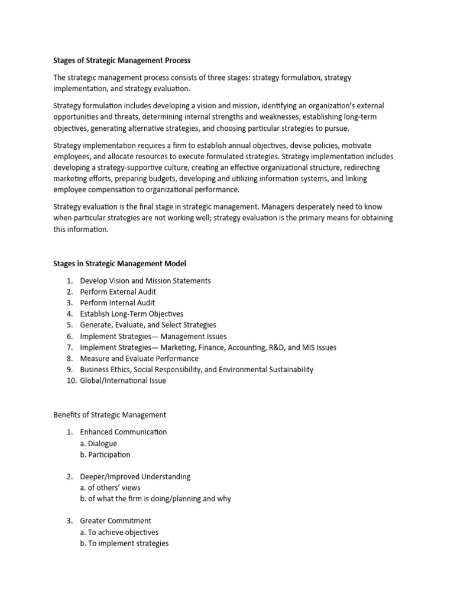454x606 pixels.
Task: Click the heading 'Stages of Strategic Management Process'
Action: (122, 60)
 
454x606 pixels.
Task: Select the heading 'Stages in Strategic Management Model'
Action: (120, 263)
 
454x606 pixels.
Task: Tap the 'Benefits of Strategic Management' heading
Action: (110, 415)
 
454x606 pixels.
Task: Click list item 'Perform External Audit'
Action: (118, 292)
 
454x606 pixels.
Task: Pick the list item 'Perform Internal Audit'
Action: (118, 303)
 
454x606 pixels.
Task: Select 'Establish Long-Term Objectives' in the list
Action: (132, 314)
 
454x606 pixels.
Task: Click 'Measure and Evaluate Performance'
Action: (140, 358)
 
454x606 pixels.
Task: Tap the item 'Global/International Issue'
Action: (123, 381)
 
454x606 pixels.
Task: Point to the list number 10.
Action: (70, 381)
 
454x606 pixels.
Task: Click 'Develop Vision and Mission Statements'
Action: (145, 281)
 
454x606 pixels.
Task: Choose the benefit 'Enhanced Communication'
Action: (124, 432)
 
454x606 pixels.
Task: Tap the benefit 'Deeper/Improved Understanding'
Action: (135, 476)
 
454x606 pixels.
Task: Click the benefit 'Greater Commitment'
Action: (116, 521)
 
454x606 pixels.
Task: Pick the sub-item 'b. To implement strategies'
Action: (124, 543)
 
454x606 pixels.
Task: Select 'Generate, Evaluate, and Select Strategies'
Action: (148, 325)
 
